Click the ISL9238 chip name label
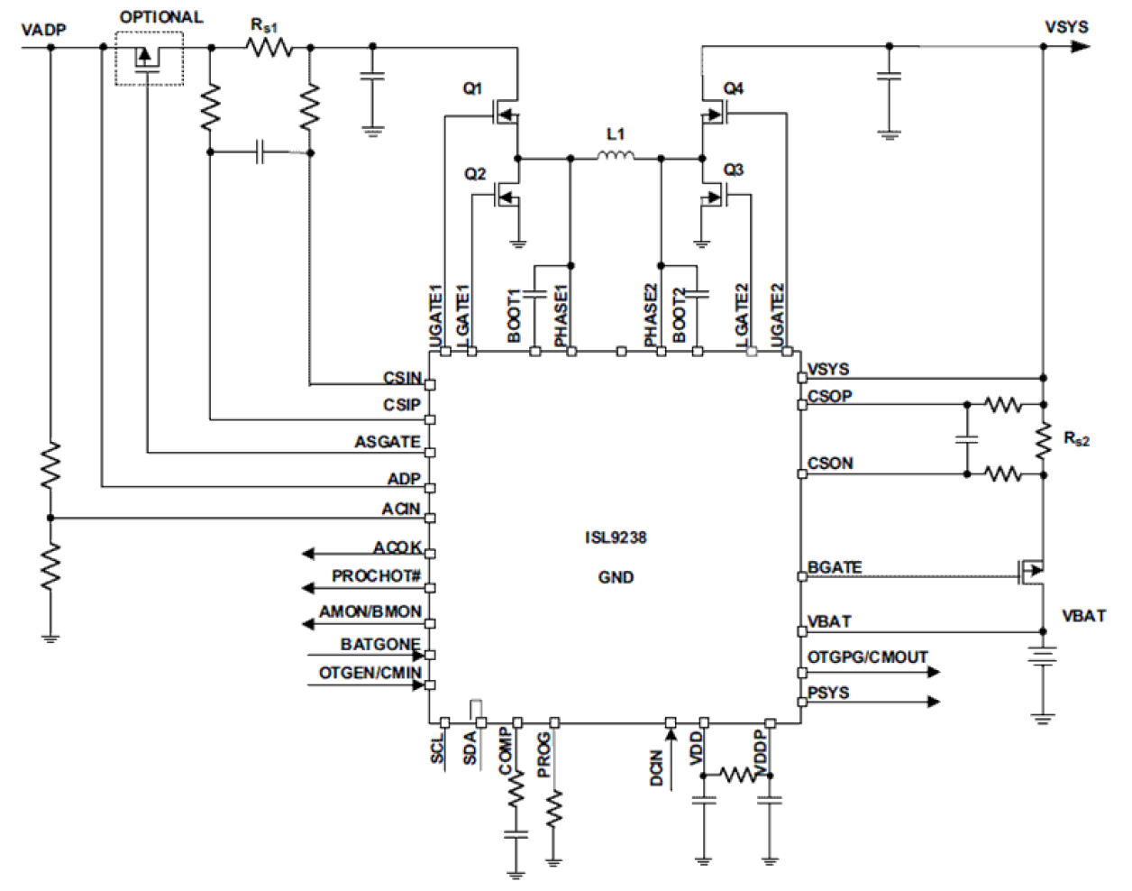(x=615, y=537)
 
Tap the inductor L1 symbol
(x=616, y=157)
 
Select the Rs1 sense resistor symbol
(x=269, y=47)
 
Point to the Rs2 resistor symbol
(x=1044, y=441)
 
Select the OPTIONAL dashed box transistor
(x=148, y=59)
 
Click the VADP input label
(x=43, y=30)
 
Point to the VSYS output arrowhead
(x=1079, y=46)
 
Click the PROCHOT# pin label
(x=376, y=576)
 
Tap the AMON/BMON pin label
(x=370, y=611)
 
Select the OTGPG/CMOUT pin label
(x=867, y=657)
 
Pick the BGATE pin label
(x=835, y=567)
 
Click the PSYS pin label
(x=828, y=693)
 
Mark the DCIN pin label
(x=656, y=767)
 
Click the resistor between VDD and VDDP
(x=738, y=775)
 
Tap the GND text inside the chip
(x=616, y=577)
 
